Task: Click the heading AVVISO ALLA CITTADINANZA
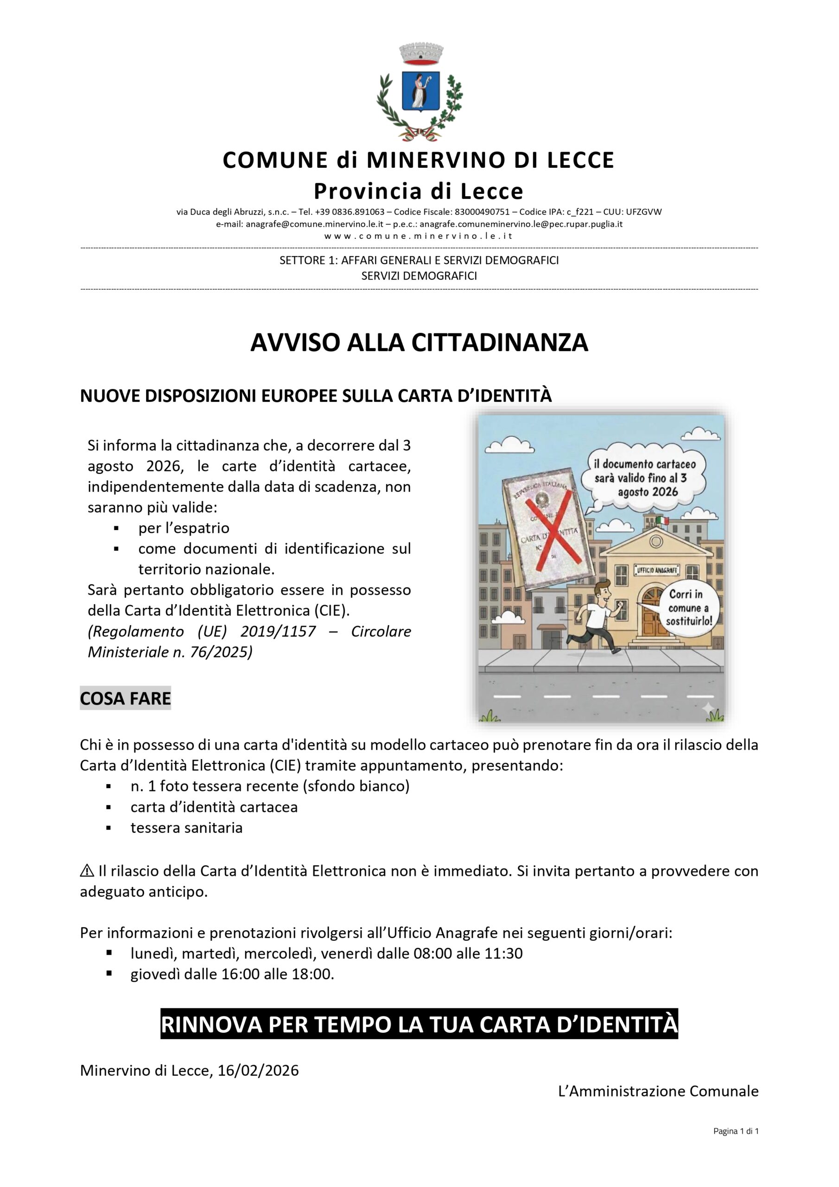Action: pyautogui.click(x=419, y=343)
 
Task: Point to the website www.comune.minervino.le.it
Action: pyautogui.click(x=419, y=236)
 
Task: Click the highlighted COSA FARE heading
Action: pyautogui.click(x=125, y=698)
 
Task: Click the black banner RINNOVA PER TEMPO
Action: pyautogui.click(x=419, y=1024)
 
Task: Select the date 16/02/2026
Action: pyautogui.click(x=258, y=1070)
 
